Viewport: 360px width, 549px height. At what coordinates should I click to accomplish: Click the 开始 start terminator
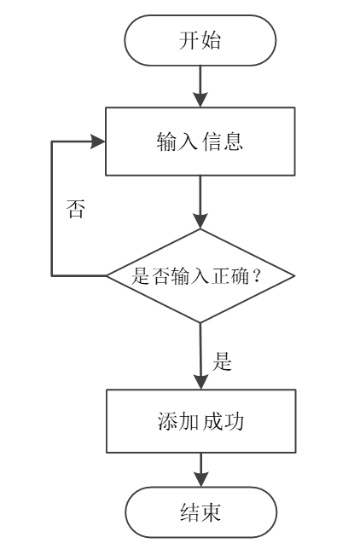click(x=200, y=40)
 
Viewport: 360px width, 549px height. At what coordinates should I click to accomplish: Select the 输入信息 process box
click(x=200, y=142)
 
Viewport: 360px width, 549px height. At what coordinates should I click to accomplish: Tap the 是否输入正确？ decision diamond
click(x=200, y=276)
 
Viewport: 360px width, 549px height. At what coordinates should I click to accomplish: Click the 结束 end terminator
click(x=200, y=511)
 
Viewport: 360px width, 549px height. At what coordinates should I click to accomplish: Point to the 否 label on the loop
click(x=76, y=210)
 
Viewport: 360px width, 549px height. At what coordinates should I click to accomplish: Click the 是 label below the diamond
click(x=223, y=361)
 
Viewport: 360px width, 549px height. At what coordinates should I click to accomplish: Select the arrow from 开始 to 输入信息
click(x=200, y=85)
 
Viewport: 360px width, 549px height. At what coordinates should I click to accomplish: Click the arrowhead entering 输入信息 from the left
click(x=99, y=142)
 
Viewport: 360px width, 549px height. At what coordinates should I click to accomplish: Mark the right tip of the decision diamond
click(x=294, y=276)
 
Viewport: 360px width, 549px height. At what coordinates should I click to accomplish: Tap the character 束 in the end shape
click(x=212, y=511)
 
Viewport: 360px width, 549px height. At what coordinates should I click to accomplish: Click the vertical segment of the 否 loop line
click(x=53, y=209)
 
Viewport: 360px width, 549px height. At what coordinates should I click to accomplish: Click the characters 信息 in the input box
click(x=223, y=142)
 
